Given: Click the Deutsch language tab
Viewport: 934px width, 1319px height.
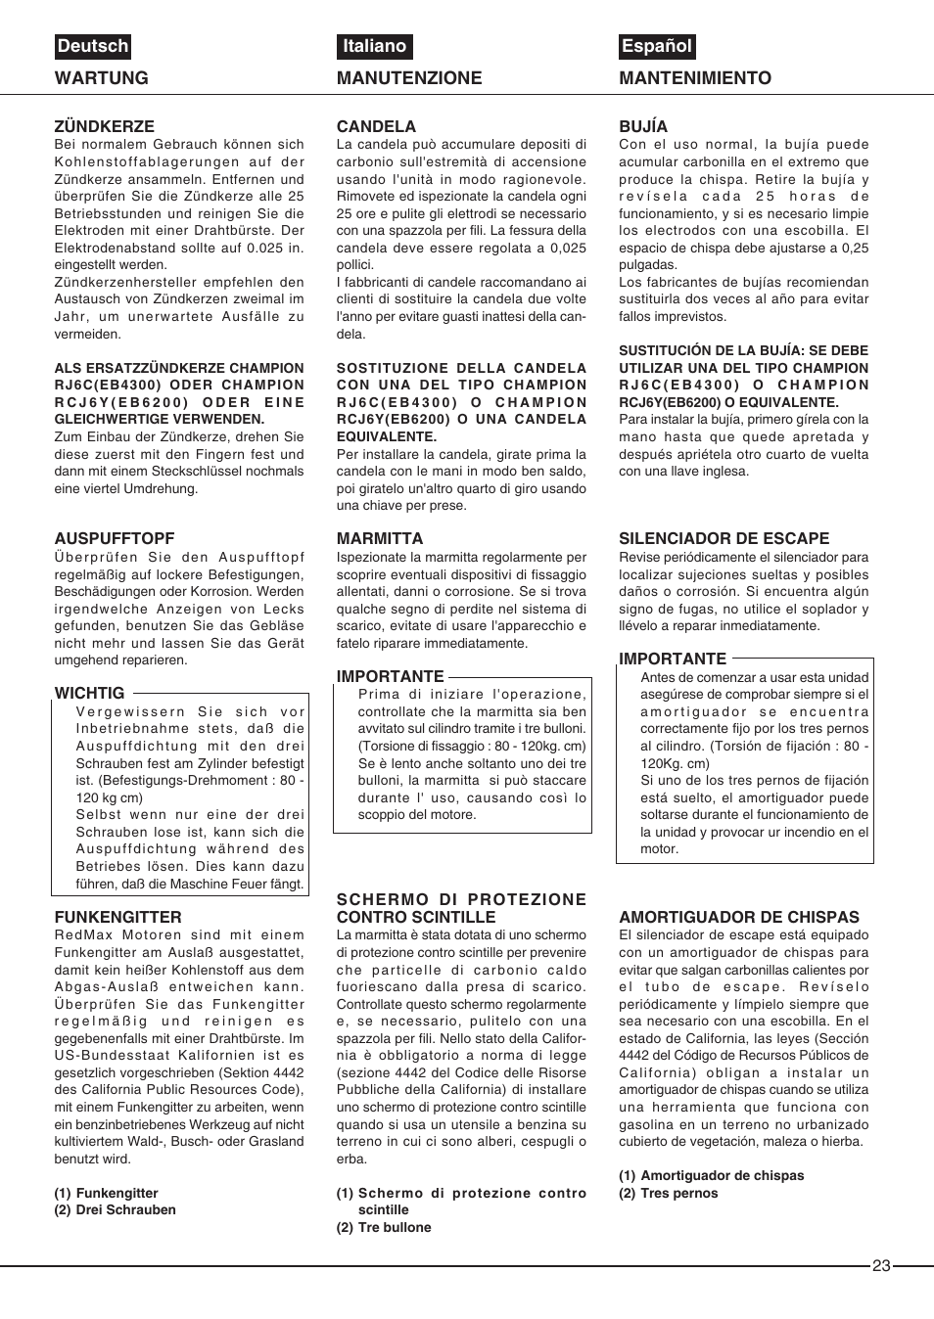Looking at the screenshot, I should [93, 46].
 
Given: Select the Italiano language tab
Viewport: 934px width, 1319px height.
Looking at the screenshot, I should [374, 46].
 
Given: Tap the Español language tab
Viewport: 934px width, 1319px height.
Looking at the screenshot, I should [656, 46].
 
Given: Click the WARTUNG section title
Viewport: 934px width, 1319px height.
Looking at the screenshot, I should [102, 78].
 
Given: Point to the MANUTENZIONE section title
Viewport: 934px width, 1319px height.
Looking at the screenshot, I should [409, 78].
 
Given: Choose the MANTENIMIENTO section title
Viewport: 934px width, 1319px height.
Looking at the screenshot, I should [695, 78].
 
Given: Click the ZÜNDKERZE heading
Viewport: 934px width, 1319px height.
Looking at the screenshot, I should [104, 126].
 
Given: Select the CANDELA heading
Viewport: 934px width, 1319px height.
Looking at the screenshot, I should [376, 126].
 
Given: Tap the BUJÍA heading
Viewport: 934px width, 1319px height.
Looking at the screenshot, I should [643, 126].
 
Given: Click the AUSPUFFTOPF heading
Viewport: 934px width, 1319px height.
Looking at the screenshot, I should [115, 538].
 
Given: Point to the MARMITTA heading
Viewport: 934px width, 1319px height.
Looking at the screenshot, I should [380, 538].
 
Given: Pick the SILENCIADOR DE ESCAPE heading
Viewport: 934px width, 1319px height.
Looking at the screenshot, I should [724, 538].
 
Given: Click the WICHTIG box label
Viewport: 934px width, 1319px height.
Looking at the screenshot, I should [89, 693].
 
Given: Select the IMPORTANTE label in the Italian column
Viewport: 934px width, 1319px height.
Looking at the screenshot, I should [390, 676].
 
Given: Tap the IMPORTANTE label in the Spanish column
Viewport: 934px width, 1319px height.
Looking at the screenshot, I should [673, 659].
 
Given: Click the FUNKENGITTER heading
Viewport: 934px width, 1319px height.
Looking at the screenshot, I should [117, 917].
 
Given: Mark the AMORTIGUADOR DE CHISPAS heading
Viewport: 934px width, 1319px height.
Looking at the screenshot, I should [739, 917].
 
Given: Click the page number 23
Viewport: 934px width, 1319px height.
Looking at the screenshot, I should [881, 1265].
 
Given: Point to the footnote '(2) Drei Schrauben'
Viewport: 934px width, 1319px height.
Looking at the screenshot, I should [116, 1209].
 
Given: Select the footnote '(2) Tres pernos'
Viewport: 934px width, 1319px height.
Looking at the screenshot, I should [669, 1193].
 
